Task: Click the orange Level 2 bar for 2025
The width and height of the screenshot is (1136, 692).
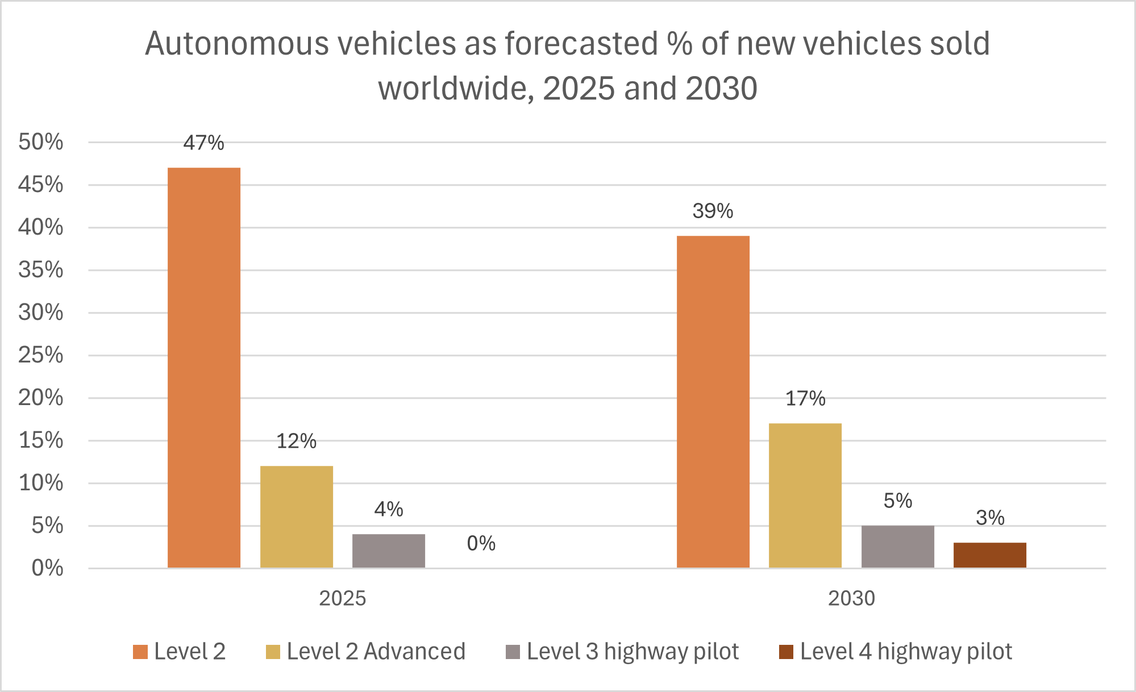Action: click(204, 368)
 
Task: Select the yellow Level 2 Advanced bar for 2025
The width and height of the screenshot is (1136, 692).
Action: click(297, 516)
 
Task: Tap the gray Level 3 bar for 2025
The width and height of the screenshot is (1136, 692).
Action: click(389, 551)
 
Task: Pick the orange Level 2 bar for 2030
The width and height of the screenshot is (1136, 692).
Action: click(713, 402)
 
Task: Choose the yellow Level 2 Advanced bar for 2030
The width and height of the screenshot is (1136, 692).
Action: click(805, 495)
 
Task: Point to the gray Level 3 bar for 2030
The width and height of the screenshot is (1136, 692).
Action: click(898, 547)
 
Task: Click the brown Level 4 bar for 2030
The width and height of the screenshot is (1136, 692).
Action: click(990, 555)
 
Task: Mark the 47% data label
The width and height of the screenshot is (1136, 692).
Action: click(203, 143)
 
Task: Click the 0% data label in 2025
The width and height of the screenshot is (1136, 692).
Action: click(481, 544)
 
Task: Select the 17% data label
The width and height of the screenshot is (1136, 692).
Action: click(805, 399)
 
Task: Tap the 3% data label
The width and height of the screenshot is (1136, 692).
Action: click(990, 518)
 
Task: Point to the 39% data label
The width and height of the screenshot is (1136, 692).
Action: click(713, 211)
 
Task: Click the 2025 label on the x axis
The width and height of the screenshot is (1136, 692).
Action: click(342, 598)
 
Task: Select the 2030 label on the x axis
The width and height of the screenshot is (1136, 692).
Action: click(851, 598)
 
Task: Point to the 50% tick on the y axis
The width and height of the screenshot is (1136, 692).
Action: click(41, 142)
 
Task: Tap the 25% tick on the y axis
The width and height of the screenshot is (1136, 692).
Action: click(41, 355)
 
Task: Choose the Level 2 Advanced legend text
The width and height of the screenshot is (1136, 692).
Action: click(376, 652)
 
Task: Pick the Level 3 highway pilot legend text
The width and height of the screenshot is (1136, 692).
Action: click(633, 652)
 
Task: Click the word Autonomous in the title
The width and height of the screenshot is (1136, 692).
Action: click(236, 44)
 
